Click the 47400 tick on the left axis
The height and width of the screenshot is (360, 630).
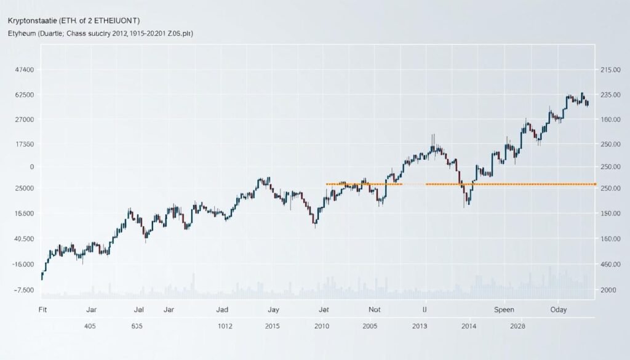click(x=23, y=71)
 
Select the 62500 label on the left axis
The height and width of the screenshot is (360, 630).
click(x=23, y=95)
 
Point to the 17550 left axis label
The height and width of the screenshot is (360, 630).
click(x=23, y=144)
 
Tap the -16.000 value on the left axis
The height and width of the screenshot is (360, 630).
click(x=23, y=264)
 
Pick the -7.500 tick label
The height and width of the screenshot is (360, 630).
click(x=23, y=290)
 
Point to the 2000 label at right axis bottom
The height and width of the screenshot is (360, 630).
click(x=609, y=290)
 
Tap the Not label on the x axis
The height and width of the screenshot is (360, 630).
click(x=375, y=310)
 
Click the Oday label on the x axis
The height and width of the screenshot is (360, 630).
click(x=559, y=310)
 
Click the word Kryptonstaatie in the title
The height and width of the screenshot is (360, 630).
click(x=36, y=22)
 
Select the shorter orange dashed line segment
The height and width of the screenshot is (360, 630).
click(x=364, y=184)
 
